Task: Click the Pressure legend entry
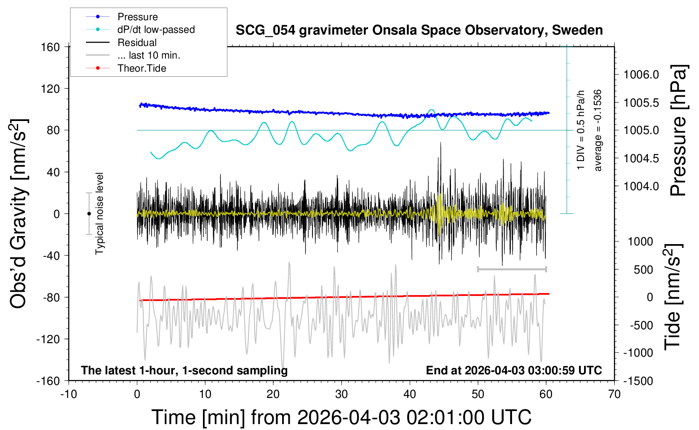click(122, 17)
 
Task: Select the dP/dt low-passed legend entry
click(140, 30)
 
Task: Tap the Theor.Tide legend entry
click(126, 68)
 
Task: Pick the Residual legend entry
click(121, 43)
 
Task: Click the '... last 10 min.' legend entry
click(133, 55)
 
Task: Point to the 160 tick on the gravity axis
click(50, 47)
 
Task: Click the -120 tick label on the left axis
click(48, 339)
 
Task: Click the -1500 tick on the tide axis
click(638, 381)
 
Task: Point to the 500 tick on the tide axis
click(643, 270)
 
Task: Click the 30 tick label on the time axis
click(341, 394)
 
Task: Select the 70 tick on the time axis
click(614, 394)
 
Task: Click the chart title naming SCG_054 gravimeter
click(419, 30)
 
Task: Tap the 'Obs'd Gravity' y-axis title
click(19, 214)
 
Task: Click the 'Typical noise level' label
click(99, 214)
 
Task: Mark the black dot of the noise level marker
click(89, 214)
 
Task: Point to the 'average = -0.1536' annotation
click(597, 130)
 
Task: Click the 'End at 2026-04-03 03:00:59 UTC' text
click(514, 370)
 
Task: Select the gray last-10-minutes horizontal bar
click(512, 269)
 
